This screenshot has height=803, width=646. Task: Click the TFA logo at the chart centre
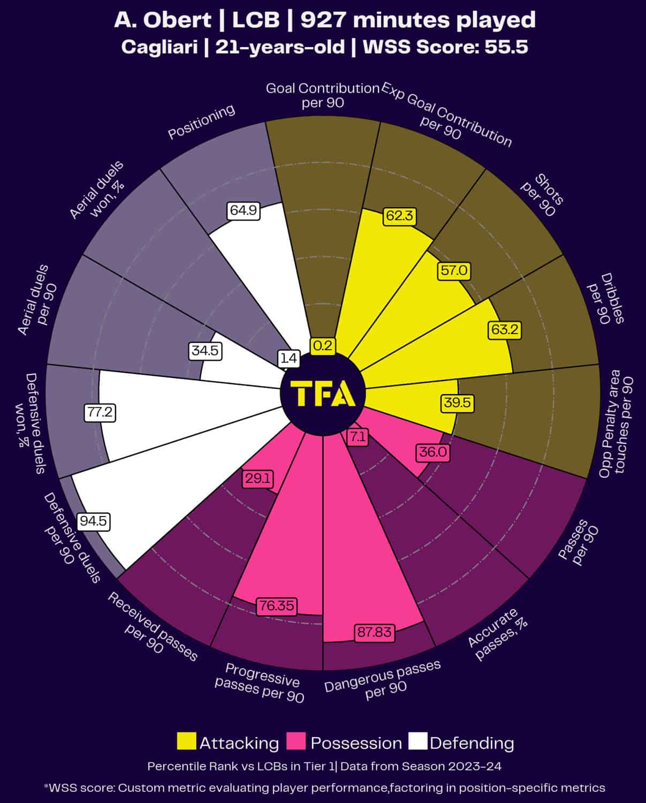tap(323, 393)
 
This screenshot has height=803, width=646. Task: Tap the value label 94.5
tap(94, 521)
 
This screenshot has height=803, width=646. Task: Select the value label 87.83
tap(375, 632)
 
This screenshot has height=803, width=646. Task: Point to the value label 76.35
tap(276, 605)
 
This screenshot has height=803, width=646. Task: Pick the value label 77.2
tap(100, 412)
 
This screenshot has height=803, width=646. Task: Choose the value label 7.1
tap(358, 437)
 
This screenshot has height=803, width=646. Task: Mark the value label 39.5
tap(457, 403)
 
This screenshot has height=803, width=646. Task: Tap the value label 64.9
tap(243, 210)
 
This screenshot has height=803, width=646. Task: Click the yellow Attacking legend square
tap(186, 741)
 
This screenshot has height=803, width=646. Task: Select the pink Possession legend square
tap(296, 741)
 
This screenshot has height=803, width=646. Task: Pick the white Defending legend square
tap(417, 741)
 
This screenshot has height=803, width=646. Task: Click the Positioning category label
tap(201, 122)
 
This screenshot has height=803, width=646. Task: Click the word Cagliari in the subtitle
tap(159, 47)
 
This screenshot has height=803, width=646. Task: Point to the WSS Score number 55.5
tap(506, 47)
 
